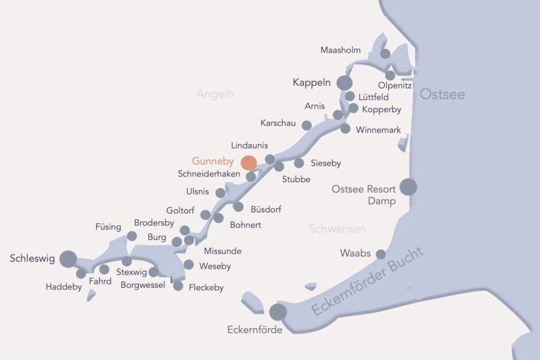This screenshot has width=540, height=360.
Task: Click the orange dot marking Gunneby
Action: point(248,162)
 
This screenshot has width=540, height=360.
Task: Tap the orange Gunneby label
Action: point(213,161)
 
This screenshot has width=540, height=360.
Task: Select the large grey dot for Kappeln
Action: point(344,83)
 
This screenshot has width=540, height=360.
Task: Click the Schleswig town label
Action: point(32,259)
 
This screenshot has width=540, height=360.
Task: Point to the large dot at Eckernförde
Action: point(278,312)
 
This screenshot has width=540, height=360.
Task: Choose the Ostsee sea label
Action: point(442,94)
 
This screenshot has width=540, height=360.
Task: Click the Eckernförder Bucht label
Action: point(368,281)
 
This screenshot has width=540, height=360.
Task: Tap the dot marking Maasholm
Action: point(385,54)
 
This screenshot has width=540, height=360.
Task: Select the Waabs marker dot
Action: point(381,255)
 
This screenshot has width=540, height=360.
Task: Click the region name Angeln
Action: point(215,94)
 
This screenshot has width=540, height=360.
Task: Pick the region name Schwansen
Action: point(337,229)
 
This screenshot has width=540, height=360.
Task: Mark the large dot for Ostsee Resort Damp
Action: point(408,187)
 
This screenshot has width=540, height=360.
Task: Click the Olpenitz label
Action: point(394,85)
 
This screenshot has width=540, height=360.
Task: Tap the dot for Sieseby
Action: point(299,163)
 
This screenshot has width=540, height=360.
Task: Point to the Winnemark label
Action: point(379,130)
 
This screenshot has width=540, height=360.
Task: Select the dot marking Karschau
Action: point(306,125)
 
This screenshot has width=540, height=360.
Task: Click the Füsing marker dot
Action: point(132,236)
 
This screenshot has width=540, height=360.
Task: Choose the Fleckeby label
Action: point(206,287)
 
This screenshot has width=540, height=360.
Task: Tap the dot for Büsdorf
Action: point(238,207)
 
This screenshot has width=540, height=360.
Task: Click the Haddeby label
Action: point(64,287)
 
